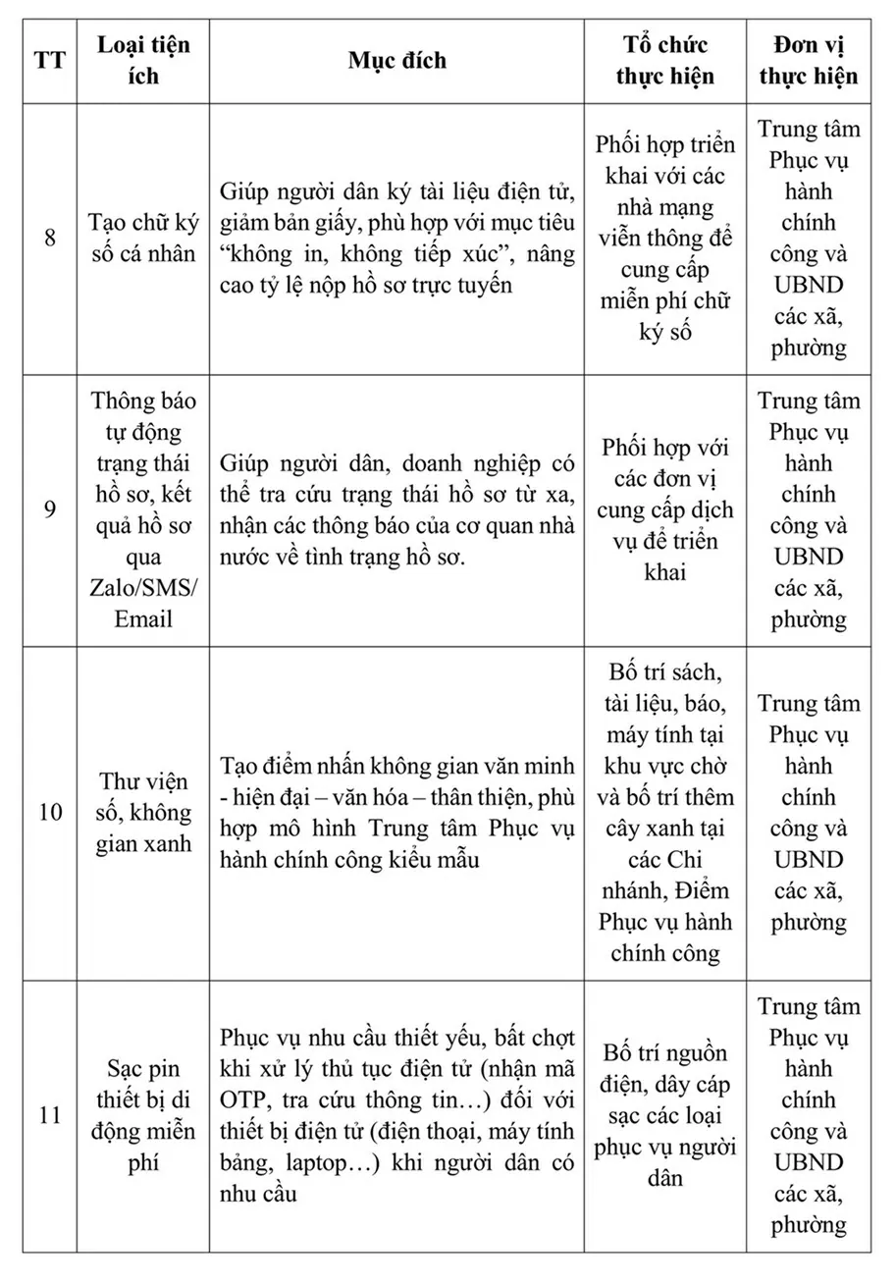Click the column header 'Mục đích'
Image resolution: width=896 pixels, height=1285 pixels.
[x=396, y=60]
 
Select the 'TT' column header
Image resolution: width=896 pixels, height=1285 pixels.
[x=50, y=60]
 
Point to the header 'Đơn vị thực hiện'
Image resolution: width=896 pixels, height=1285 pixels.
[x=809, y=60]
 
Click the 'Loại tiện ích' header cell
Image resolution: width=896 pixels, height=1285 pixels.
[x=143, y=60]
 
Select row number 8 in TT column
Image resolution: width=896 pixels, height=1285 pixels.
[x=50, y=239]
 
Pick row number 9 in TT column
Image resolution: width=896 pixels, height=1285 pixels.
[x=50, y=510]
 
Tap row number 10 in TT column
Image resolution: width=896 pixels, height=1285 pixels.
[x=50, y=813]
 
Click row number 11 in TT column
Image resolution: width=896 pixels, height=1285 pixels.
[x=50, y=1116]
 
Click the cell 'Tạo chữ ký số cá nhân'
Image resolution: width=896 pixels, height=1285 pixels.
[x=143, y=239]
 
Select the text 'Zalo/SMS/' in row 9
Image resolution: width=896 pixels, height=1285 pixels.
[x=143, y=588]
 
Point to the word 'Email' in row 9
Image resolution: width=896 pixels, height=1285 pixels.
[x=143, y=619]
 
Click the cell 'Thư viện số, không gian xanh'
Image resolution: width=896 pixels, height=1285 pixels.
[x=143, y=813]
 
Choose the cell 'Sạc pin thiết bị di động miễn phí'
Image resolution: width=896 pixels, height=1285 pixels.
[x=143, y=1116]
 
